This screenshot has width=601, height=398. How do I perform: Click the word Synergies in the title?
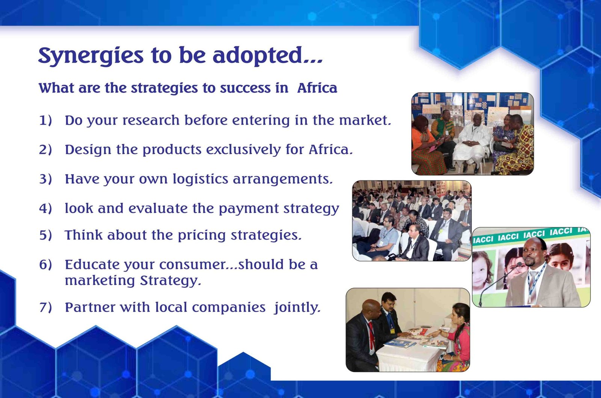click(91, 56)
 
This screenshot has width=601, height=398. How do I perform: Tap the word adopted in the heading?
click(258, 56)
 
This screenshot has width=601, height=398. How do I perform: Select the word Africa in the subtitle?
click(317, 88)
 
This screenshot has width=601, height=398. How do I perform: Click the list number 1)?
click(45, 120)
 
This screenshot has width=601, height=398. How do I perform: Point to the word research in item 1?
click(151, 120)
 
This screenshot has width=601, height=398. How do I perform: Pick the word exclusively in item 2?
click(243, 150)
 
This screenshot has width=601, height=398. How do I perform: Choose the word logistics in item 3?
click(200, 179)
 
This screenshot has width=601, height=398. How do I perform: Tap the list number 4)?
click(45, 209)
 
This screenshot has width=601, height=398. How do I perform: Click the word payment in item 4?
click(249, 209)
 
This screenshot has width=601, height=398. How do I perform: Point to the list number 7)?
click(45, 308)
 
